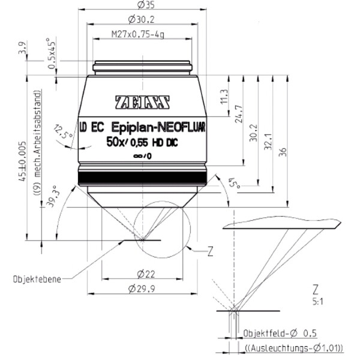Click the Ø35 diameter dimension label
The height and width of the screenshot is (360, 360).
point(146,5)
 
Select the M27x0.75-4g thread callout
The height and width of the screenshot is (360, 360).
point(138,34)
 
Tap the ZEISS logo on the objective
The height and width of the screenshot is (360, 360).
point(142,102)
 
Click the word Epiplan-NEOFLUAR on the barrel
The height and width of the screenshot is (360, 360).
point(158,127)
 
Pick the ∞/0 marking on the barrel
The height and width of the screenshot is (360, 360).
point(143,156)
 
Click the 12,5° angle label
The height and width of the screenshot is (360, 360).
point(62,132)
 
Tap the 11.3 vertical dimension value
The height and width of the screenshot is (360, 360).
point(224,96)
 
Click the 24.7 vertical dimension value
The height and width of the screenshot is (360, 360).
point(239,114)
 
